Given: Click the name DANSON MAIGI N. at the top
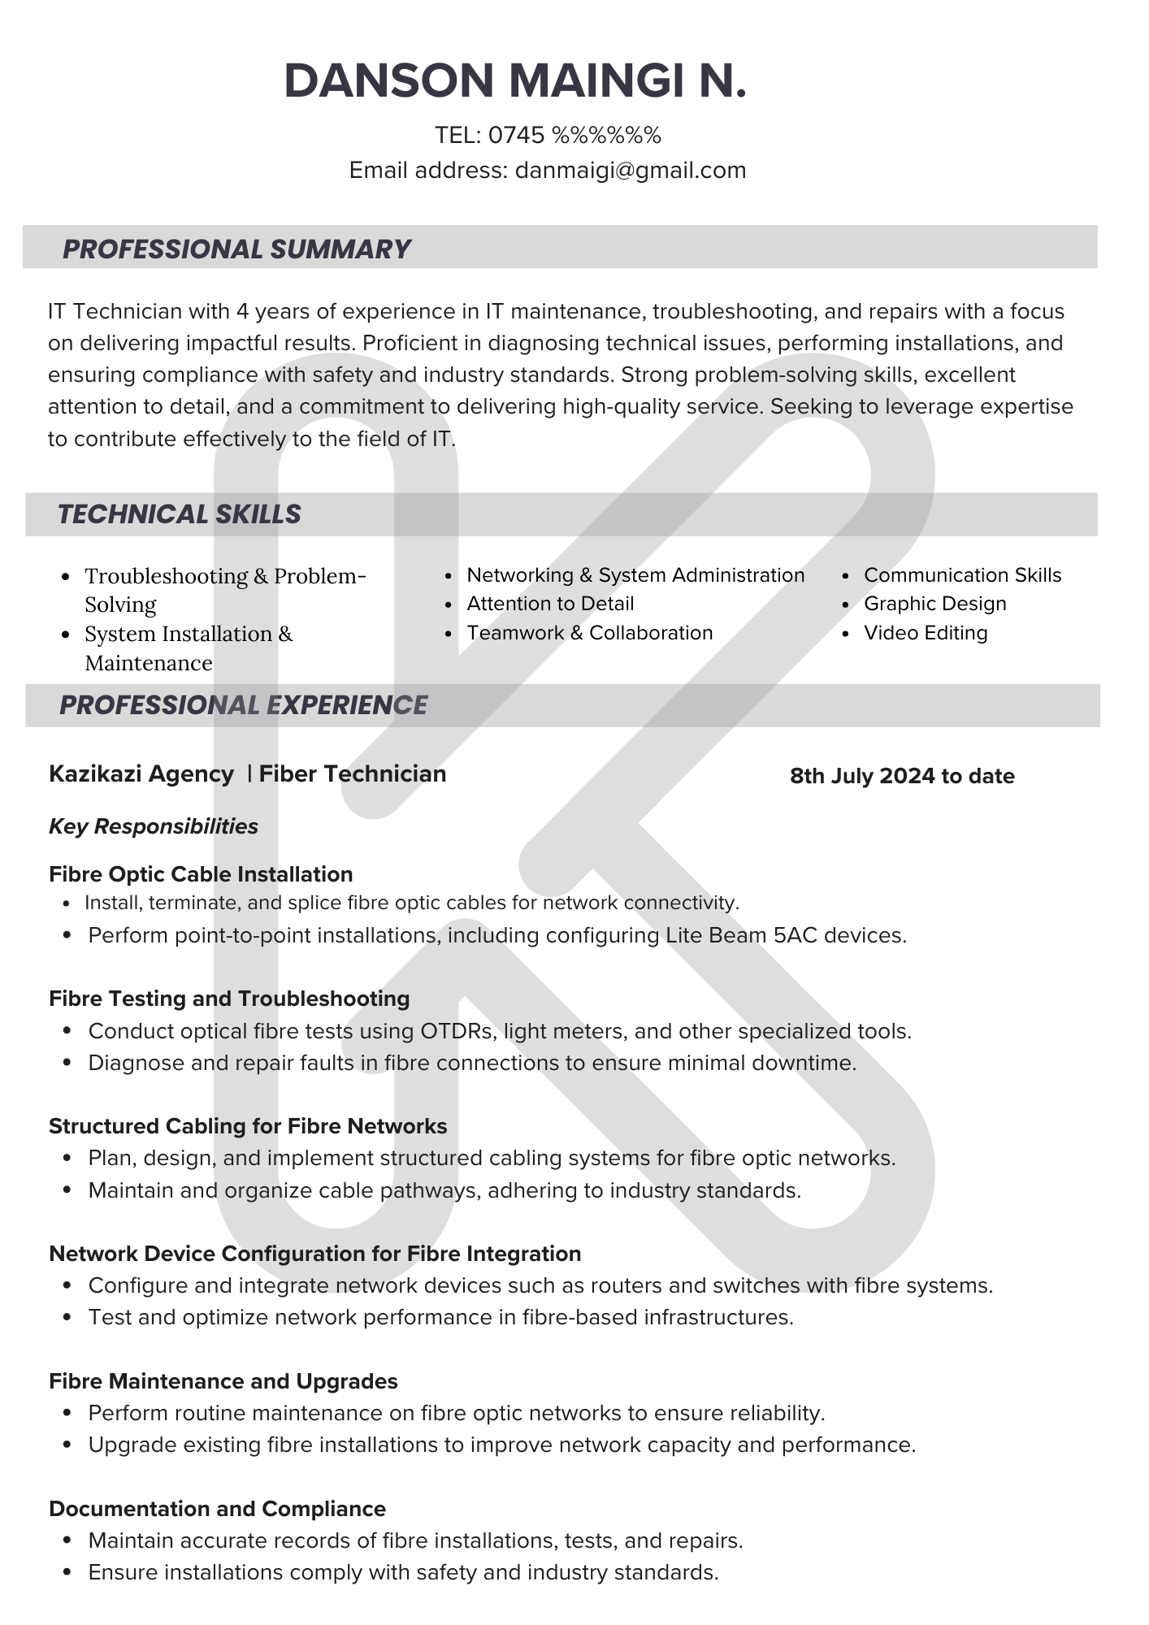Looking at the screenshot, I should point(515,81).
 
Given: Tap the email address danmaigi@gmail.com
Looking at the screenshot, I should point(630,171).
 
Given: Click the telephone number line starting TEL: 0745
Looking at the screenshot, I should point(548,135).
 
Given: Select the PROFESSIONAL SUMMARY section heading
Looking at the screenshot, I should point(236,249).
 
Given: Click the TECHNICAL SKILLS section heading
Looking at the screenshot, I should point(179,514).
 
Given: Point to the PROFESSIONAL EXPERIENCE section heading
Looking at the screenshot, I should point(243,704).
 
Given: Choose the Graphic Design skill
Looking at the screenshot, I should point(934,604).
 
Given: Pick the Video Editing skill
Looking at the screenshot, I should point(926,633).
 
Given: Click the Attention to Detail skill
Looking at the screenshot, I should point(550,604).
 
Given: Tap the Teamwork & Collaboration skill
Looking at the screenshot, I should point(589,633).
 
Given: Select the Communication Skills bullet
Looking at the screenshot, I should point(962,575).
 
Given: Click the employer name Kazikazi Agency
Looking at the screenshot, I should point(141,773).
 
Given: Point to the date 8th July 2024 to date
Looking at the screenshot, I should point(902,776).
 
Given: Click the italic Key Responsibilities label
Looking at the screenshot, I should point(154,826).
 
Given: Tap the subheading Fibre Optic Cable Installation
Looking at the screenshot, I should point(201,874).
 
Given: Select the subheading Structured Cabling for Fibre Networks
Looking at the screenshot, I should point(248,1126).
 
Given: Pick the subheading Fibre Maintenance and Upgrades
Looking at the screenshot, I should point(223,1381).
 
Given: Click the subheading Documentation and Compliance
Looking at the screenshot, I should point(217,1509).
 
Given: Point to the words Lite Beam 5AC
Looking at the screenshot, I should point(735,935).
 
